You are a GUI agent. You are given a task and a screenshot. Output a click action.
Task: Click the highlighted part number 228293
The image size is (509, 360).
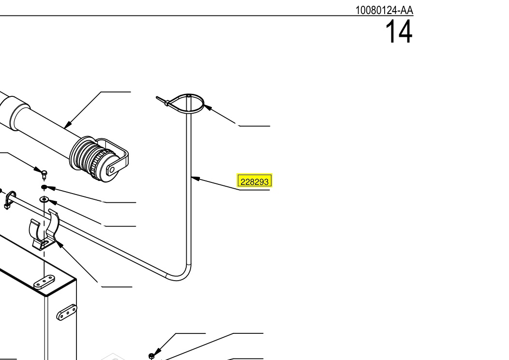(x=254, y=181)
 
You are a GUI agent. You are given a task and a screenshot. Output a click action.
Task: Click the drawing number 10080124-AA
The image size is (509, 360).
(x=384, y=10)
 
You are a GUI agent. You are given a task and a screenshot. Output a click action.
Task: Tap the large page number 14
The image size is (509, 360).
(x=399, y=31)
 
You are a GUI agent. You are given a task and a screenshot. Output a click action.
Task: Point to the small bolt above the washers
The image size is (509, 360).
(x=45, y=174)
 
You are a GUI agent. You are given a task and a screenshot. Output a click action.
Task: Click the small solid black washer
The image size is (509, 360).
(x=44, y=187)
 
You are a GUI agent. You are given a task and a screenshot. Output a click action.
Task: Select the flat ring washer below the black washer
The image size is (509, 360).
(x=44, y=199)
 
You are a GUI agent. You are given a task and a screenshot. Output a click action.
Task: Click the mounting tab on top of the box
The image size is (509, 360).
(x=44, y=282)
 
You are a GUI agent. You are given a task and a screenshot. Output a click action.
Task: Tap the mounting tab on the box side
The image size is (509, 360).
(x=67, y=312)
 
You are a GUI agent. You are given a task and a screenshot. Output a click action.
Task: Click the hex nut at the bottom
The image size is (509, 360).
(x=151, y=357)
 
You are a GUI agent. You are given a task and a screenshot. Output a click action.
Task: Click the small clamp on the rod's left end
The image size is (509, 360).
(x=10, y=200)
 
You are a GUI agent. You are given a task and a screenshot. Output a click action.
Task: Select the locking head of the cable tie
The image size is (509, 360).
(x=166, y=103)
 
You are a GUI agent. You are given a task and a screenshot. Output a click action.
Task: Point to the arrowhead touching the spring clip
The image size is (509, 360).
(x=59, y=244)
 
